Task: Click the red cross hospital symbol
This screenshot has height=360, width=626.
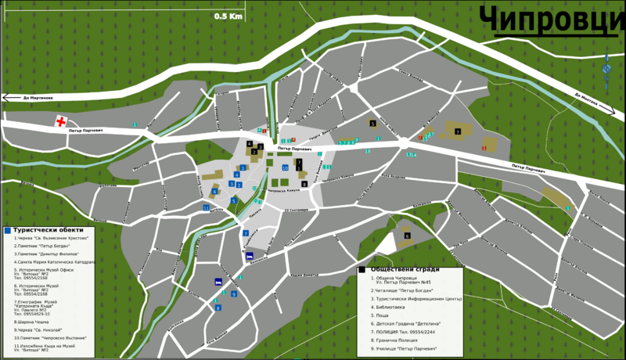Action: pyautogui.click(x=60, y=121)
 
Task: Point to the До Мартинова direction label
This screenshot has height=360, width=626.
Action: pyautogui.click(x=38, y=98)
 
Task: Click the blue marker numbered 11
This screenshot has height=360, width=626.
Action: pyautogui.click(x=207, y=208)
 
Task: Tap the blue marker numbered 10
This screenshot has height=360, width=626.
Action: pyautogui.click(x=285, y=167)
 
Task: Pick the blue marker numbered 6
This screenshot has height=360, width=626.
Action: pyautogui.click(x=214, y=191)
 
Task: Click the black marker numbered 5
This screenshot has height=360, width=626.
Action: pyautogui.click(x=372, y=124)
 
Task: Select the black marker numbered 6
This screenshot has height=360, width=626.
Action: pyautogui.click(x=407, y=236)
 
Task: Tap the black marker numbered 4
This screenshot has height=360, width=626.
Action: pyautogui.click(x=250, y=144)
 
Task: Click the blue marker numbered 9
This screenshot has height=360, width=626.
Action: pyautogui.click(x=233, y=294)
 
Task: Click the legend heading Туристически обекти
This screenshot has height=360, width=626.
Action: pyautogui.click(x=48, y=229)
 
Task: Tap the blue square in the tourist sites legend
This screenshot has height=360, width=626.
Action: pyautogui.click(x=7, y=230)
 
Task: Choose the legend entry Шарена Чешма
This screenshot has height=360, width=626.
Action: pyautogui.click(x=31, y=321)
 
